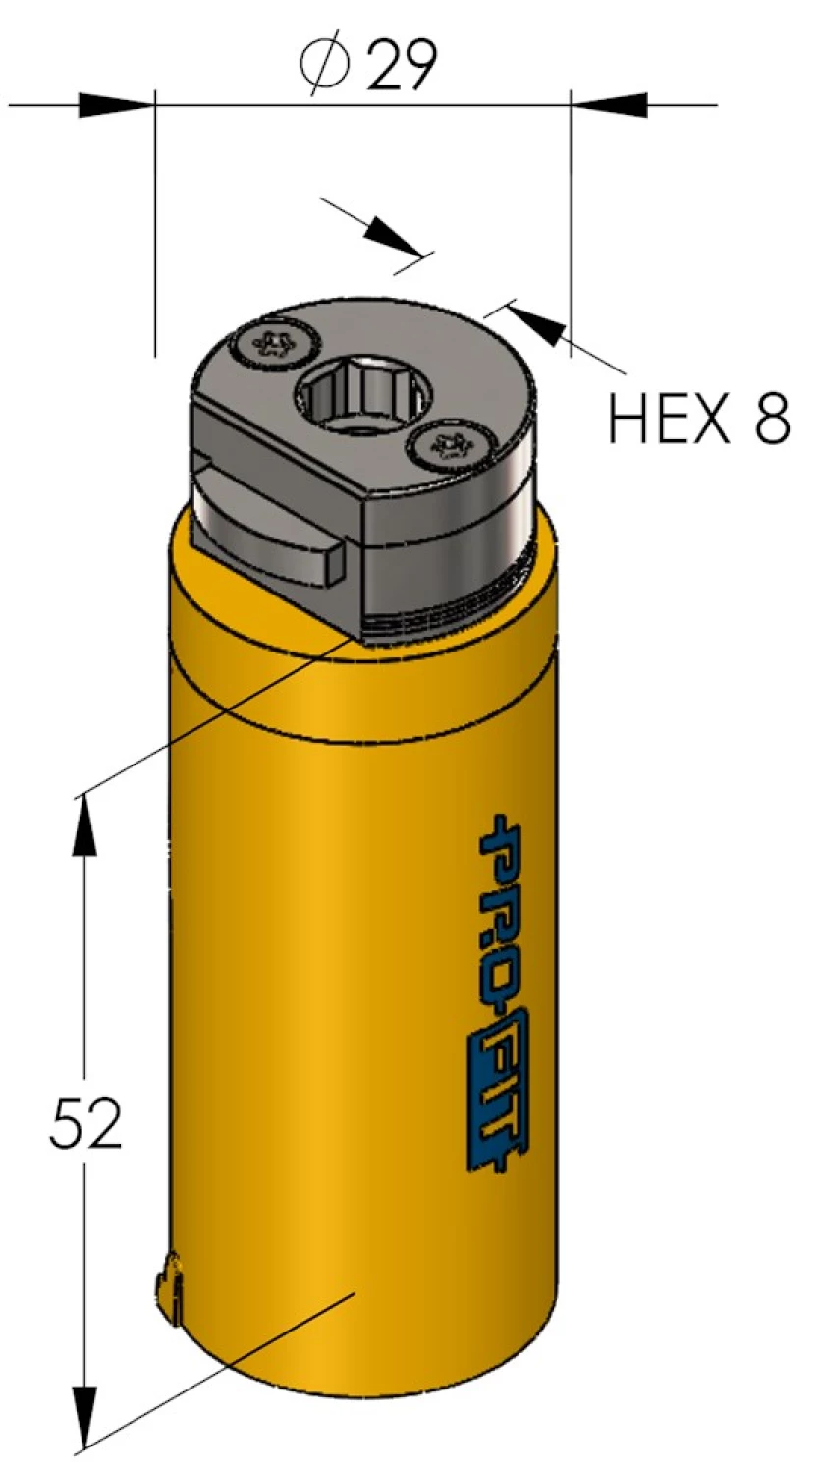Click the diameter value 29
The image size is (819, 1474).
click(402, 65)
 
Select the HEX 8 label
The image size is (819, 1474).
click(699, 418)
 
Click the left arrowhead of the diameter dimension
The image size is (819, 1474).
click(117, 105)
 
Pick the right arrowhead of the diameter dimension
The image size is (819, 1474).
click(609, 105)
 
